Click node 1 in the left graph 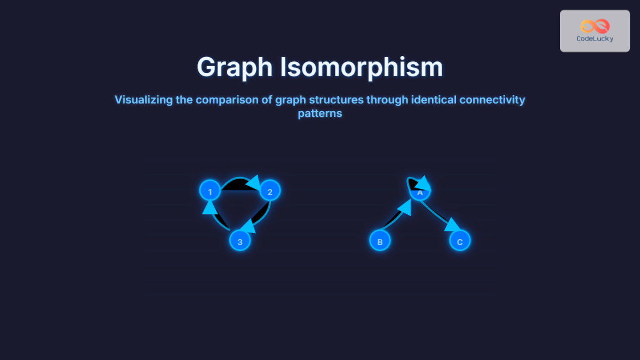210,191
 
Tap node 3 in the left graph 240,241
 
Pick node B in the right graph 380,241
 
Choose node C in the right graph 460,241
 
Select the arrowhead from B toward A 404,207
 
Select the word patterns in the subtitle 319,113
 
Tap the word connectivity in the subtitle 493,100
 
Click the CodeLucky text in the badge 595,38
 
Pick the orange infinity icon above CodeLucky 595,26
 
